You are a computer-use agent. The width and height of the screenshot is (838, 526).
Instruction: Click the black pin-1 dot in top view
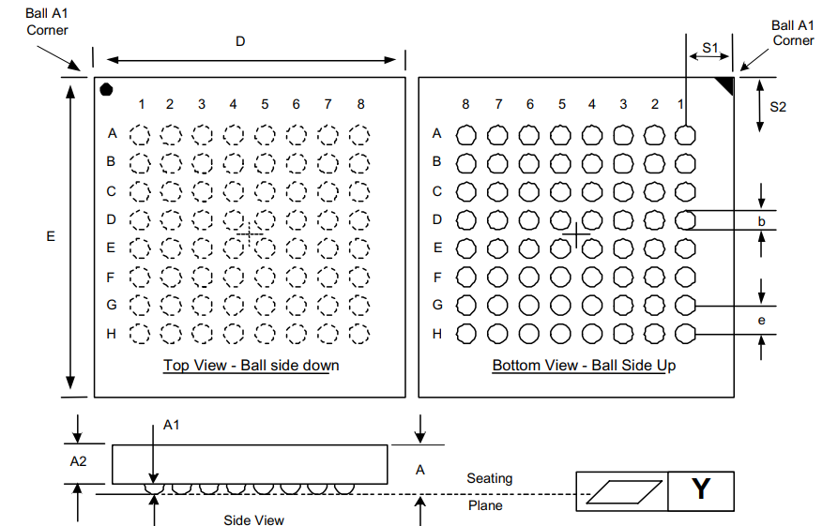(x=107, y=89)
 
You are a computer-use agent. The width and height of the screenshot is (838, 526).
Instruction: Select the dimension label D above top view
(x=240, y=41)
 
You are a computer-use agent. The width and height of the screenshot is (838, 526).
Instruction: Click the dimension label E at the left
(x=51, y=237)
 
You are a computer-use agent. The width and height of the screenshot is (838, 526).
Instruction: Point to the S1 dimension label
(x=710, y=46)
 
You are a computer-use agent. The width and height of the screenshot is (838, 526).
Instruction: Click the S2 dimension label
(x=777, y=107)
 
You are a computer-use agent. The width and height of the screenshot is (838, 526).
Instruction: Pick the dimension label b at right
(x=762, y=222)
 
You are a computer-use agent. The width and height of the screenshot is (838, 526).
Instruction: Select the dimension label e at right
(x=761, y=321)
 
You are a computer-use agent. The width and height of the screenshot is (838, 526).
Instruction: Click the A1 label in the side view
(x=172, y=425)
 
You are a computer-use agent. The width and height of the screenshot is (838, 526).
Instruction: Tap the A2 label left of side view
(x=79, y=461)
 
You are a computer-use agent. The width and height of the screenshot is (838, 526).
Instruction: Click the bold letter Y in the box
(x=701, y=489)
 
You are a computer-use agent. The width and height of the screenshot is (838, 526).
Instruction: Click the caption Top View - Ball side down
(x=251, y=366)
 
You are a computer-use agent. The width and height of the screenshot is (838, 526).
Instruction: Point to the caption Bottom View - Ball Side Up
(x=584, y=366)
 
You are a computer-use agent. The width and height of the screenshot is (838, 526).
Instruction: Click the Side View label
(x=253, y=519)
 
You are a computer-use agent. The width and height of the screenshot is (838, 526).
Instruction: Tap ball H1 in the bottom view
(x=686, y=334)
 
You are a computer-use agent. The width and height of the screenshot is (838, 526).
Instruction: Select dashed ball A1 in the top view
(x=140, y=134)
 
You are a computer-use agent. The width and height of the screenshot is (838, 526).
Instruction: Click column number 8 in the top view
(x=360, y=104)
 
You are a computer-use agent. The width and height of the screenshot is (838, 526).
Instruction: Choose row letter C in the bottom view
(x=436, y=191)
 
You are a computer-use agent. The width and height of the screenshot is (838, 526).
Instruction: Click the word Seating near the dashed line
(x=490, y=478)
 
